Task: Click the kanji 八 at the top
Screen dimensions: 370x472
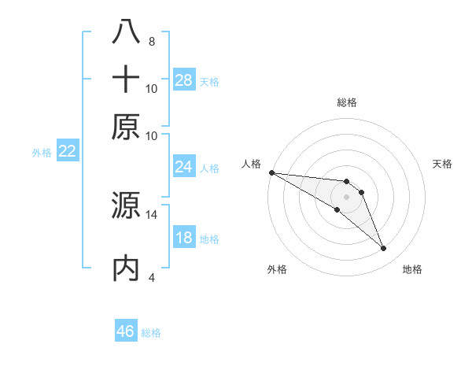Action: pos(127,31)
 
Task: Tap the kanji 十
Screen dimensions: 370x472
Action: pos(127,80)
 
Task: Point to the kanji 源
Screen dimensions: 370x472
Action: pos(127,206)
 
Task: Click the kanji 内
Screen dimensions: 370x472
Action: pos(127,268)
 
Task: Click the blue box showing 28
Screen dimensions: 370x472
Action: pos(184,80)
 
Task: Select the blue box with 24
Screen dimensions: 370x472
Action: pos(184,166)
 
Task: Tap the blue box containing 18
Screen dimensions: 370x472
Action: pos(184,238)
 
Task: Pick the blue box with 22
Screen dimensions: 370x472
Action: pos(67,151)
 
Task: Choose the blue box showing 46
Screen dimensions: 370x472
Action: pos(126,331)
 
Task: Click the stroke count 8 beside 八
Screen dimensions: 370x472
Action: pos(151,41)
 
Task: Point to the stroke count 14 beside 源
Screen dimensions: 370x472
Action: pos(152,214)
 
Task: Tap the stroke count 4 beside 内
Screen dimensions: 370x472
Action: pos(151,277)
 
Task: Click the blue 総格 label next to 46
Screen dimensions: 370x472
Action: pos(151,333)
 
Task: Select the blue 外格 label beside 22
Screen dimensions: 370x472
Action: pos(42,153)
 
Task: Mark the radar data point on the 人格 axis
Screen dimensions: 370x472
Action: pos(271,172)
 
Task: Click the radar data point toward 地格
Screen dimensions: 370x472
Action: pos(384,249)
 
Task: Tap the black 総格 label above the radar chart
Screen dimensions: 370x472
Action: pos(347,102)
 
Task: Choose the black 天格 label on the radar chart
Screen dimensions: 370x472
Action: pos(443,164)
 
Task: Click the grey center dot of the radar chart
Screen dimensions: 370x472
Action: pos(347,196)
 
